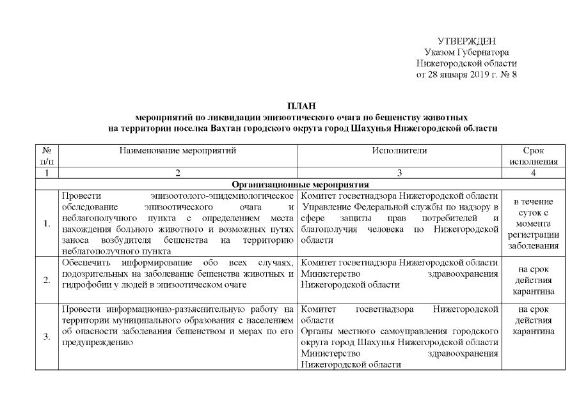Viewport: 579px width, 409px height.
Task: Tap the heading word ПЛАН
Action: point(303,106)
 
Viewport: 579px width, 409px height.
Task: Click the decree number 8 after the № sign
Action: point(514,75)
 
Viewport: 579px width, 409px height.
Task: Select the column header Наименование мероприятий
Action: point(178,151)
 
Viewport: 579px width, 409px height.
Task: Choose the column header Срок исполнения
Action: point(533,156)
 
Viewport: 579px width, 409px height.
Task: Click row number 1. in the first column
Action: point(46,223)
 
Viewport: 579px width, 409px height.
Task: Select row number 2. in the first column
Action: point(46,279)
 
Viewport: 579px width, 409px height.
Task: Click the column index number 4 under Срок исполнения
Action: point(533,173)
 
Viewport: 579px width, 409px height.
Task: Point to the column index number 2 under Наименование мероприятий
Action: point(178,173)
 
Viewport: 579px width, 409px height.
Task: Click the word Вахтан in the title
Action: point(227,128)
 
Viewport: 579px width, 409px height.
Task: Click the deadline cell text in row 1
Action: point(533,223)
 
